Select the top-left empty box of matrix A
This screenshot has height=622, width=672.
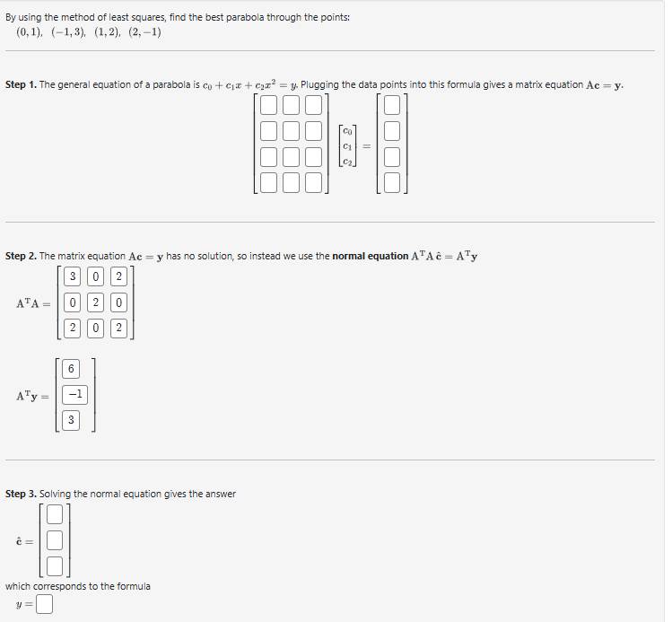(270, 106)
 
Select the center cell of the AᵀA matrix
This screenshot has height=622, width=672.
(99, 303)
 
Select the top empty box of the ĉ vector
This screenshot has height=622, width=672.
(55, 515)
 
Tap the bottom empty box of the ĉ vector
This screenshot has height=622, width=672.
(55, 565)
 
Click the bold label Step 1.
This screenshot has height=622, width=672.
(21, 84)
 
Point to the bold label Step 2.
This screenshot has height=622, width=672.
(21, 256)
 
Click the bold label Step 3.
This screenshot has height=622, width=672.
(21, 494)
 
